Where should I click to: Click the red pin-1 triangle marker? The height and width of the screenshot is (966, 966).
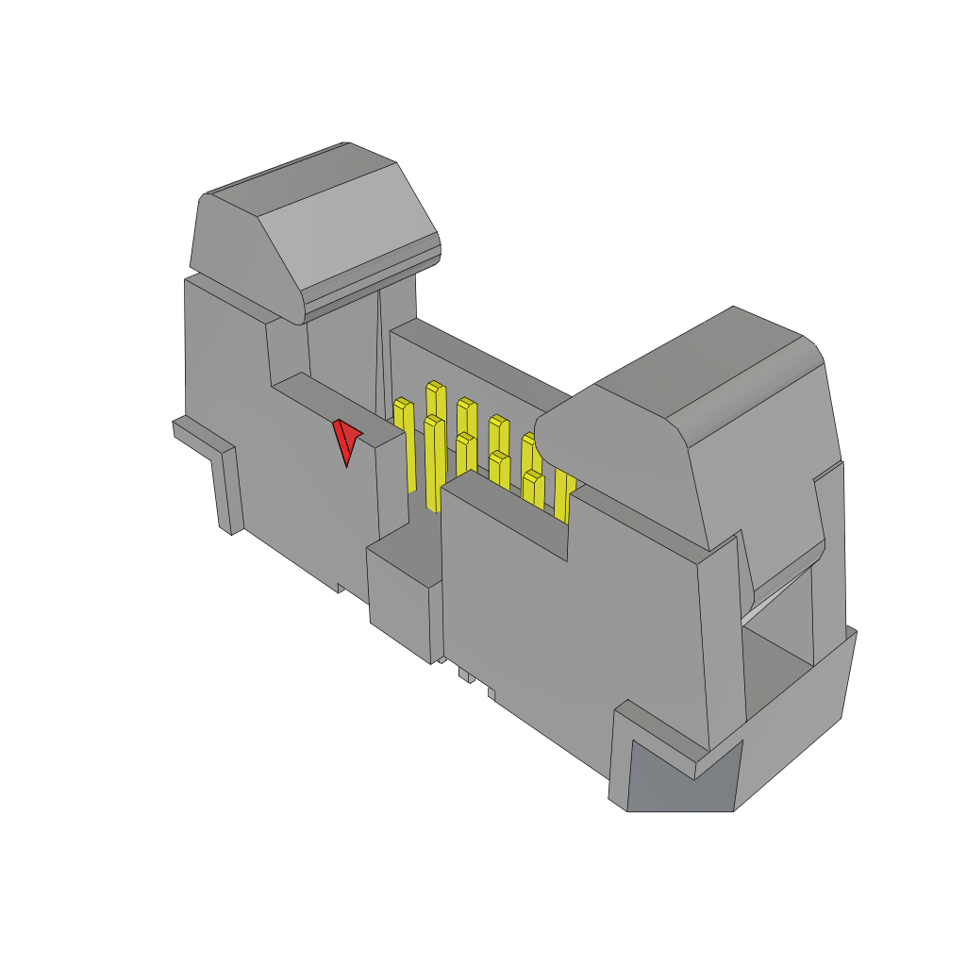click(x=345, y=441)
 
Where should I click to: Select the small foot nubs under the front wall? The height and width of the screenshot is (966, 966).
click(x=466, y=675)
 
